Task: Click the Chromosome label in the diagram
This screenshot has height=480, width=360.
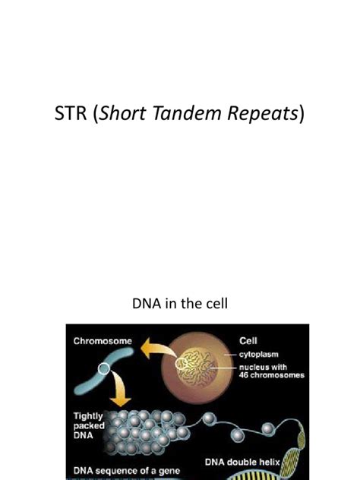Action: point(104,342)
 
